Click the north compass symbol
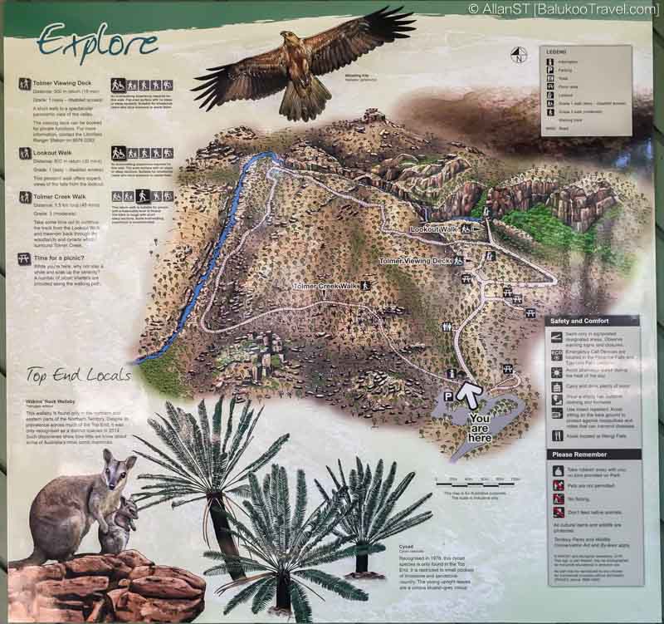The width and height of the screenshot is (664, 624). (519, 56)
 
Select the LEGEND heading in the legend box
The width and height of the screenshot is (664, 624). (556, 52)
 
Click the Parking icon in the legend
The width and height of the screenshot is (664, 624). (549, 72)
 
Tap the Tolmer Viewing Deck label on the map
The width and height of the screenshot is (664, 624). (415, 261)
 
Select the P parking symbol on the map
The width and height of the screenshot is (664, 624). (448, 397)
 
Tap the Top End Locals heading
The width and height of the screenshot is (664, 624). (79, 376)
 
